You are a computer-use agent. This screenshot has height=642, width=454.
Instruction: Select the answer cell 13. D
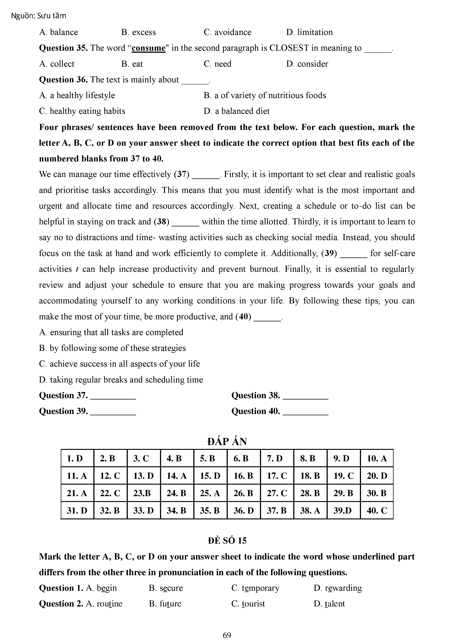pyautogui.click(x=144, y=476)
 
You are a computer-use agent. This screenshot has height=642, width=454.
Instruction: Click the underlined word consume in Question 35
pyautogui.click(x=148, y=48)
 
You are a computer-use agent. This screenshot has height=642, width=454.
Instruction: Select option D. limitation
pyautogui.click(x=309, y=32)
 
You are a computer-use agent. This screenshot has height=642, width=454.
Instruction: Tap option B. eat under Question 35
pyautogui.click(x=132, y=64)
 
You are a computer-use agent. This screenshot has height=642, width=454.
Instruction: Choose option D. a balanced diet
pyautogui.click(x=236, y=111)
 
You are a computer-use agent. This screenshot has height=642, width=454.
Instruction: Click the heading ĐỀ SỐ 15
pyautogui.click(x=227, y=540)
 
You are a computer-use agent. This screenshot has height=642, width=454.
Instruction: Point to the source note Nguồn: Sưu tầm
pyautogui.click(x=39, y=16)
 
